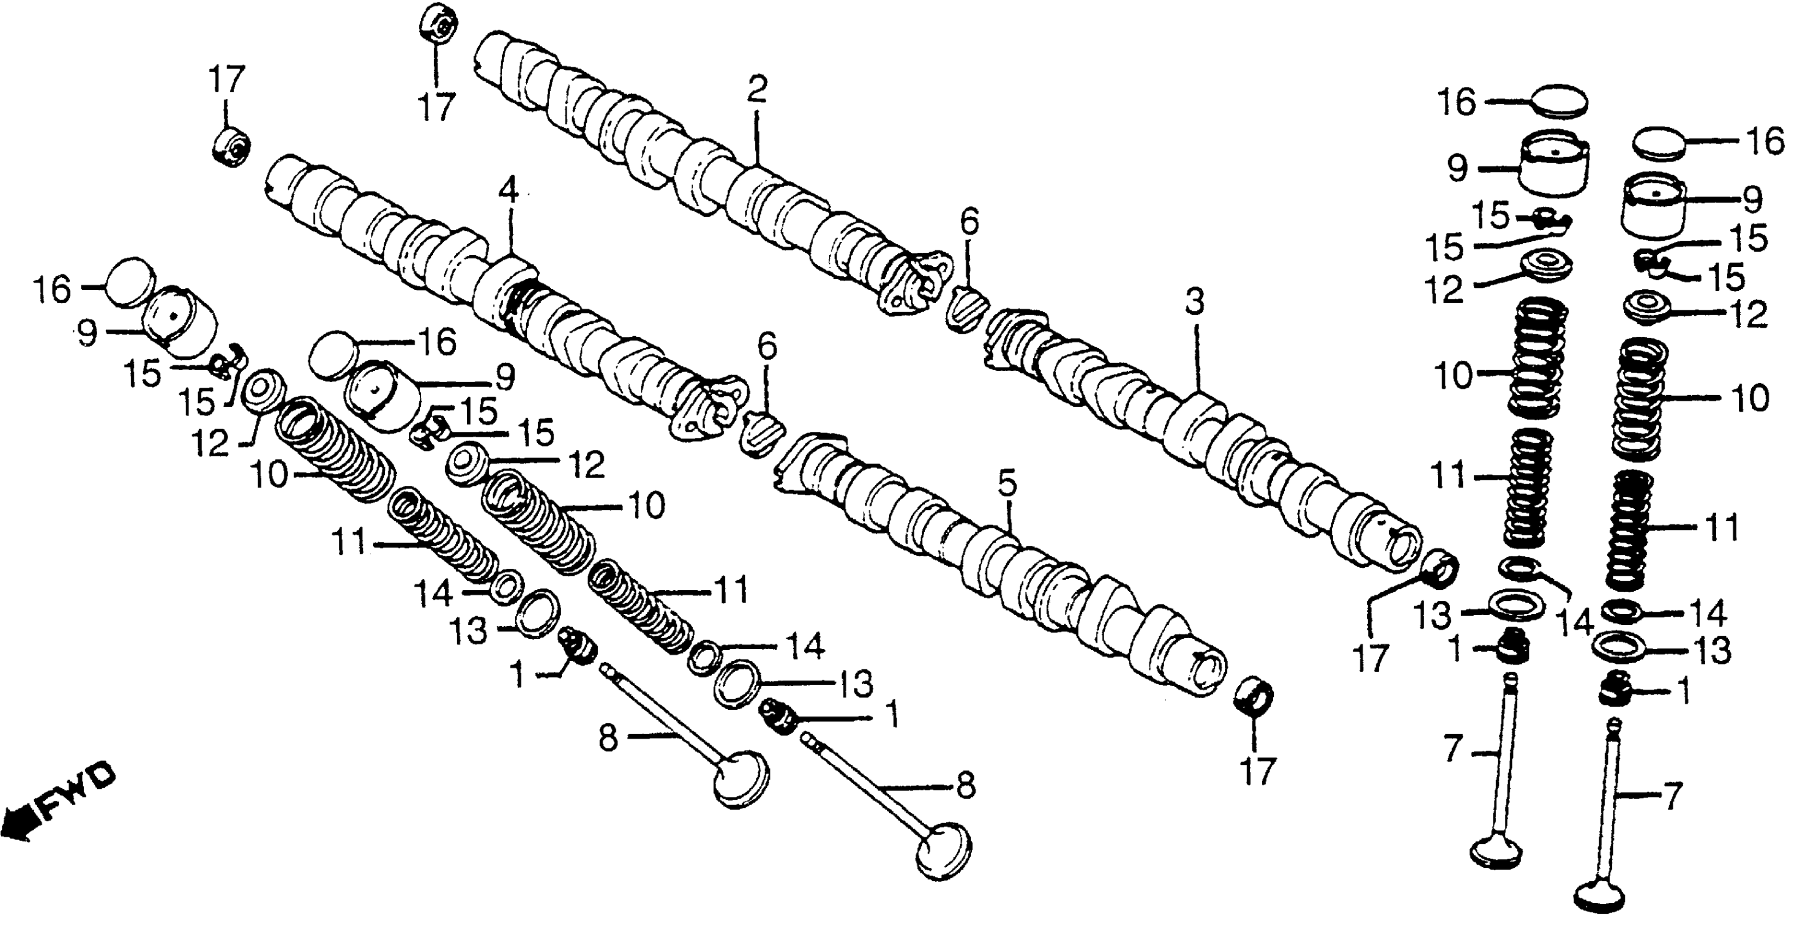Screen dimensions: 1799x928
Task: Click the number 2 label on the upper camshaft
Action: point(756,90)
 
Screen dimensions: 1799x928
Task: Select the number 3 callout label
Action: point(1195,303)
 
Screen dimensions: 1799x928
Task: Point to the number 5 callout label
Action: point(1007,483)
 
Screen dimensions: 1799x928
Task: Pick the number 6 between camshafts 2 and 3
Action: point(969,223)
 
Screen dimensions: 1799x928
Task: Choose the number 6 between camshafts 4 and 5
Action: point(767,347)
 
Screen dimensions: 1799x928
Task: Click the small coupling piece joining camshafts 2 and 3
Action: point(966,308)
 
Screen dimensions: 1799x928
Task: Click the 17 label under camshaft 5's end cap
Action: point(1257,771)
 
